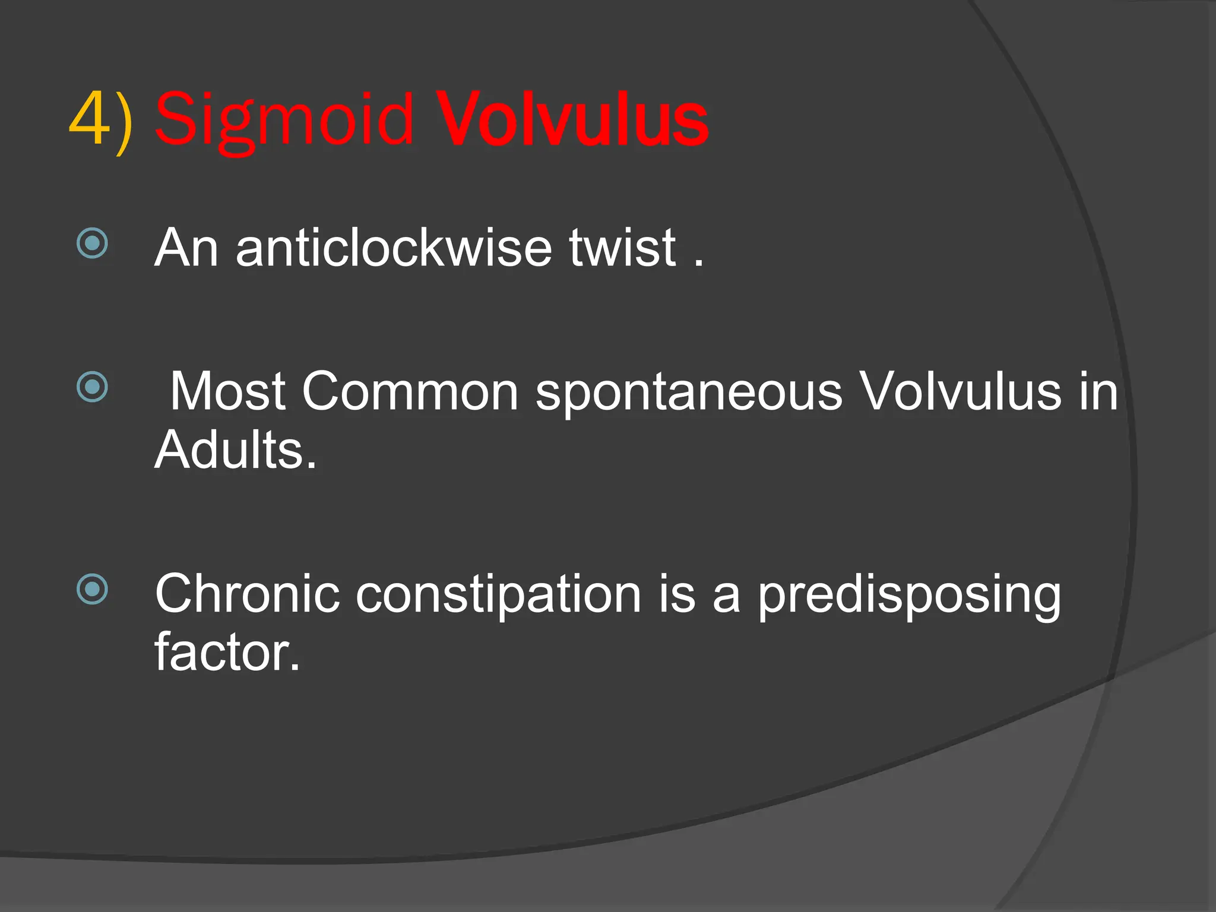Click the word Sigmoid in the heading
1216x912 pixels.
pos(284,122)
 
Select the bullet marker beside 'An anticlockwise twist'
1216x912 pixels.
pos(93,243)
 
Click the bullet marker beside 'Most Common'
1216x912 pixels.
pos(93,387)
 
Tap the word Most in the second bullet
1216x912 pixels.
pos(227,392)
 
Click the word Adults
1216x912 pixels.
pos(236,450)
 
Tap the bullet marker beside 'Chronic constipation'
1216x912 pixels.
pos(93,589)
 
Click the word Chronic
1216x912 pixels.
pos(247,594)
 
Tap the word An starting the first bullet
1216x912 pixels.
pos(186,248)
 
